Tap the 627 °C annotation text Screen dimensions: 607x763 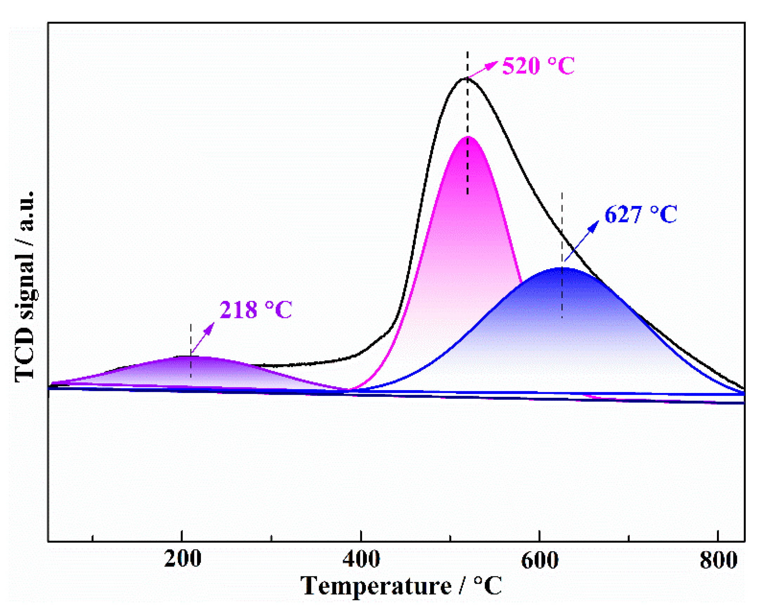641,214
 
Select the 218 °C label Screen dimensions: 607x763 256,310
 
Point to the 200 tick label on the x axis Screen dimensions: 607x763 183,560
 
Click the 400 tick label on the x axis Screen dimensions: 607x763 361,560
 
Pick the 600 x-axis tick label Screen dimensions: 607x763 540,560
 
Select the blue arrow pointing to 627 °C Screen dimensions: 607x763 582,241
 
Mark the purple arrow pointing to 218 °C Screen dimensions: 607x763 203,338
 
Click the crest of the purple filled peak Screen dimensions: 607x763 189,357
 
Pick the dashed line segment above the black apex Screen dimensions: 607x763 467,64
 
